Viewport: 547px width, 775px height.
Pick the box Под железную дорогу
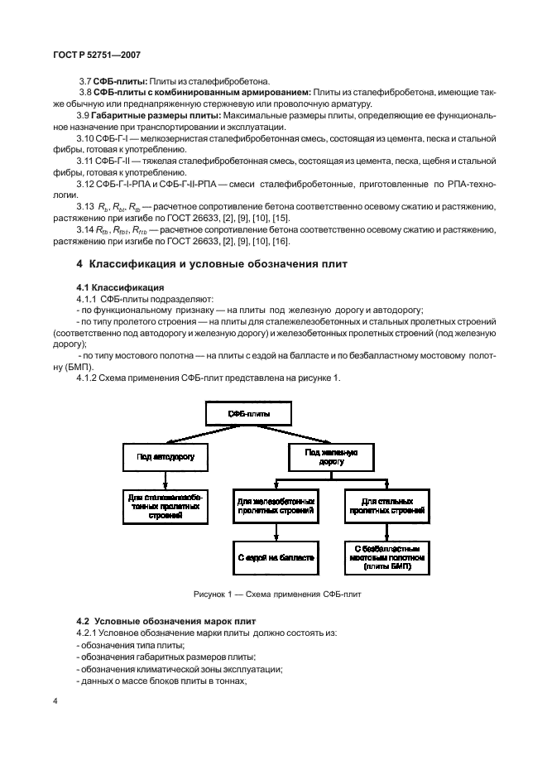pos(330,456)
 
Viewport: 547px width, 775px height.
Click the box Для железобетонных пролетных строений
pos(276,507)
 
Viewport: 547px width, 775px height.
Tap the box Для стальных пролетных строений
pos(387,507)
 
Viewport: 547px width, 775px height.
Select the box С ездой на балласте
pos(276,557)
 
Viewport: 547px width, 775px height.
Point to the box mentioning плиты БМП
pos(387,558)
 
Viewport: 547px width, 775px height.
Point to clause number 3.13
pos(86,205)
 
